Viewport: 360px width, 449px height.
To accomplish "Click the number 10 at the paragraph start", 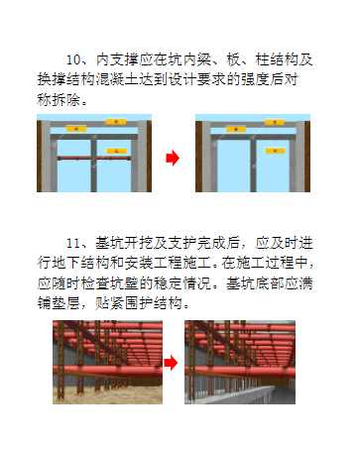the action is tap(73, 59).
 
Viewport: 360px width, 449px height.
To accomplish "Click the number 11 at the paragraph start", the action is tap(73, 243).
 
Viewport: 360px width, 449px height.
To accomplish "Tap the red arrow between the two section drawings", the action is tap(173, 158).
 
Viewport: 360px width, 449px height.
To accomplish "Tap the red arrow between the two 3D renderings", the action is tap(171, 363).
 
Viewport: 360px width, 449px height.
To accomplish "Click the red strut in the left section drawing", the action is tap(94, 159).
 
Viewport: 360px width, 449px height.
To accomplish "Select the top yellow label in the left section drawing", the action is tap(116, 122).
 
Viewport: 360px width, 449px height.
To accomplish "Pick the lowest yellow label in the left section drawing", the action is tap(116, 151).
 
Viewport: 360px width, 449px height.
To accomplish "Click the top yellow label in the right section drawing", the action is tap(275, 122).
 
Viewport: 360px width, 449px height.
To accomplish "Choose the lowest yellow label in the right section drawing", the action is tap(275, 151).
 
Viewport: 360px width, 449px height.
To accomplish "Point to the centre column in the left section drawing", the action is tap(94, 164).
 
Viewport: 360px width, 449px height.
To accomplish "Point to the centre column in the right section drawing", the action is tap(253, 164).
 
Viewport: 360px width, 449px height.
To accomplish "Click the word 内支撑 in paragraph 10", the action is tap(118, 59).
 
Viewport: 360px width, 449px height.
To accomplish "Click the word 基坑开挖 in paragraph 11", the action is tap(125, 243).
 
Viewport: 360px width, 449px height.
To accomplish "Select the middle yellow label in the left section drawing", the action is tap(76, 129).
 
